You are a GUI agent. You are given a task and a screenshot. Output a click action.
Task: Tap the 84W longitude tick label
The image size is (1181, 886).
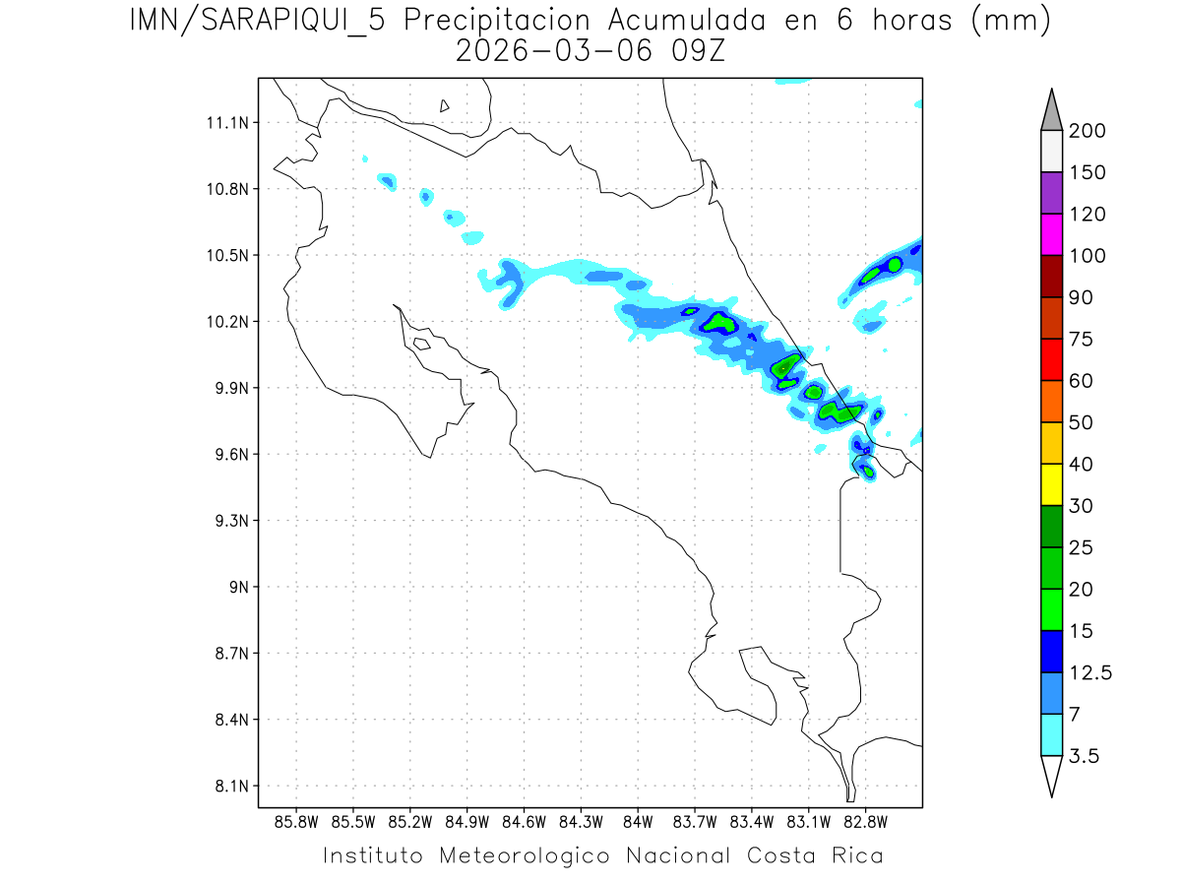[x=638, y=821]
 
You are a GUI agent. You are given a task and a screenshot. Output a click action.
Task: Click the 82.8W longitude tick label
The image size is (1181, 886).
[x=865, y=821]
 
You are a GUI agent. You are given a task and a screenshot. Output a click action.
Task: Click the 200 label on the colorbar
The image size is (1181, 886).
[x=1087, y=131]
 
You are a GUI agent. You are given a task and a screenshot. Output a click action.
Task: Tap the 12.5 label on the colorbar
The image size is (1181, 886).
[x=1090, y=672]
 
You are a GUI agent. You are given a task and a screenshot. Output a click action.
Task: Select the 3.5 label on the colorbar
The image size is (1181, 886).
[x=1084, y=756]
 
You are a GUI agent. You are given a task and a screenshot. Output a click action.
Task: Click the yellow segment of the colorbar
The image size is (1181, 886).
[x=1051, y=483]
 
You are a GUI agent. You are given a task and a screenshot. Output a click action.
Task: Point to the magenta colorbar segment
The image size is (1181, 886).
[x=1051, y=234]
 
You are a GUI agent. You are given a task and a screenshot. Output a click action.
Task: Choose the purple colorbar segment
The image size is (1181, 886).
[x=1051, y=193]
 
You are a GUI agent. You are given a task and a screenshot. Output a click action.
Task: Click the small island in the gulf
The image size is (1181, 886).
[x=420, y=344]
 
